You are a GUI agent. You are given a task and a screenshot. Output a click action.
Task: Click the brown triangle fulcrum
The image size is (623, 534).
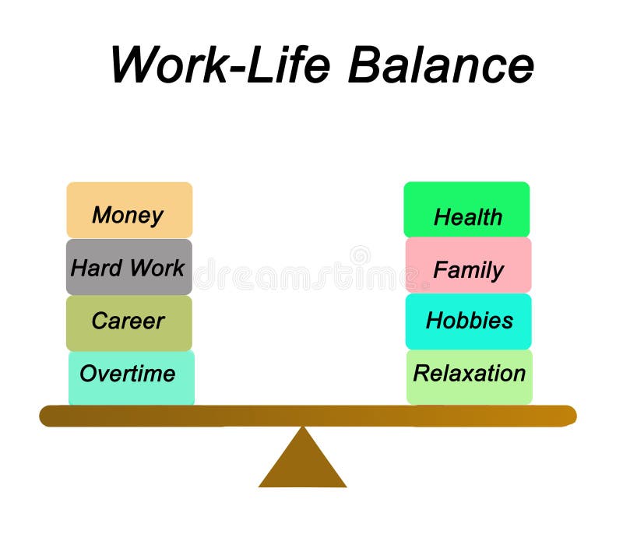point(302,465)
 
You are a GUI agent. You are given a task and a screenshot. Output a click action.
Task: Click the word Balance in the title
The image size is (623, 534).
point(441,65)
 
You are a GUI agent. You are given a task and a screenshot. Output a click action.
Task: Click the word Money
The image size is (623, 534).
point(128,215)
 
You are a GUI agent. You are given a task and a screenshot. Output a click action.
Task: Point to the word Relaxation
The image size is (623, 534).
point(470,374)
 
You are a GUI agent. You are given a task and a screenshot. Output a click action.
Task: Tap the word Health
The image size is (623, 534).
point(468,217)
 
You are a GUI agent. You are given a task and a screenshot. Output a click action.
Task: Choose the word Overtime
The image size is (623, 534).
point(128,374)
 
